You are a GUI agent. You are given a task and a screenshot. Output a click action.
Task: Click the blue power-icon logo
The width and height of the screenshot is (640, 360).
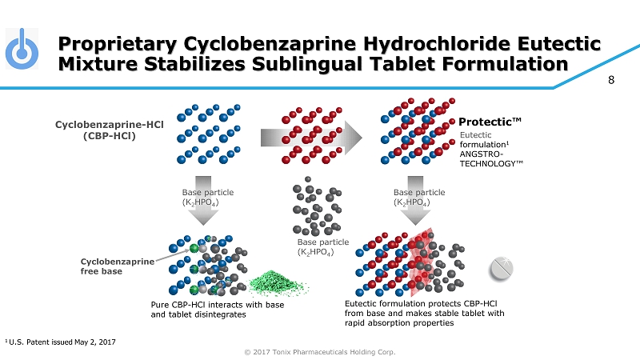coord(22,49)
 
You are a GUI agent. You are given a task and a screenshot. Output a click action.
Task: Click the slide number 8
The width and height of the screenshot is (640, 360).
coord(611,80)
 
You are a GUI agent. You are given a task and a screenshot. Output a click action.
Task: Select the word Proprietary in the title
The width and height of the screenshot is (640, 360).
coord(118,45)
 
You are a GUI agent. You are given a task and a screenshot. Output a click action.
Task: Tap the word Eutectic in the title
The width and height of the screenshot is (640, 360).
coord(559,44)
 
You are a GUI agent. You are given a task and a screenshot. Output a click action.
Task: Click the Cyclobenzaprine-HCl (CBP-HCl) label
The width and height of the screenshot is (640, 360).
coord(110,130)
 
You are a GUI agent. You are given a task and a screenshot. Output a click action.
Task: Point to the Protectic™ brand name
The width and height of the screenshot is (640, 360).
coord(490,122)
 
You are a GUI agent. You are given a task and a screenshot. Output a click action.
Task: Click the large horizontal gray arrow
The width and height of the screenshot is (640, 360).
coord(311,138)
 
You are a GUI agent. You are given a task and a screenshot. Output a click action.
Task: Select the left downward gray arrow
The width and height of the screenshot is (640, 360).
coord(203,201)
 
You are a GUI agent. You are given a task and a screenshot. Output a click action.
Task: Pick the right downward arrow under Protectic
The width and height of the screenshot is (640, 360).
coord(415,201)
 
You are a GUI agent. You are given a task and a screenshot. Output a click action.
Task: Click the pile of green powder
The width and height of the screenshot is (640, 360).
coord(278,283)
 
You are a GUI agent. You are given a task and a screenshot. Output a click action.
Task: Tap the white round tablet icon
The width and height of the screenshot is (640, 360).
coord(501,269)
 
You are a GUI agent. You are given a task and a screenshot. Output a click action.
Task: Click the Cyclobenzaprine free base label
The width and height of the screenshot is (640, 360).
coord(118,266)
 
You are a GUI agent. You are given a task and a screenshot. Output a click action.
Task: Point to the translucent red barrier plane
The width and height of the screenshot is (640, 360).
coord(422,262)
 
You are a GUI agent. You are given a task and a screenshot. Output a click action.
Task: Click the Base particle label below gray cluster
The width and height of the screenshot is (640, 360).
coord(323,247)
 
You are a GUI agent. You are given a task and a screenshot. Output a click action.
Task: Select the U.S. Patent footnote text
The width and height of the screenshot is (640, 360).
coord(61,342)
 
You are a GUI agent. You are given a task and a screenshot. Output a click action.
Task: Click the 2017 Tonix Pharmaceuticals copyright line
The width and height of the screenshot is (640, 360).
coord(319,352)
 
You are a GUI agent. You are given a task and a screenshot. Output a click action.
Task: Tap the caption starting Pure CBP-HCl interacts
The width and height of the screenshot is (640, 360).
coord(217,310)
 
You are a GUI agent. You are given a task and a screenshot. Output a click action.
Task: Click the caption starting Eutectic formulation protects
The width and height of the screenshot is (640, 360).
coord(425,313)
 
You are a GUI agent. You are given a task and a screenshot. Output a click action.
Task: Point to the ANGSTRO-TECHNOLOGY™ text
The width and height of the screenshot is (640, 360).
coord(491,158)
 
